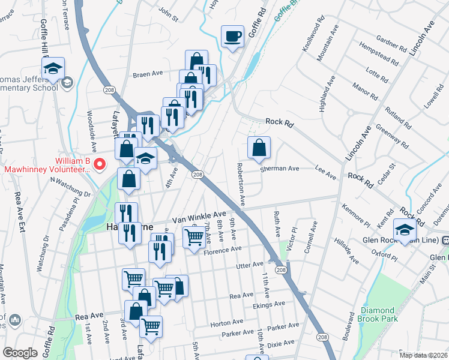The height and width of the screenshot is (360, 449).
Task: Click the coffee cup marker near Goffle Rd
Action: click(232, 37)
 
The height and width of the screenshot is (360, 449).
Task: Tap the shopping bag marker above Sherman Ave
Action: click(259, 148)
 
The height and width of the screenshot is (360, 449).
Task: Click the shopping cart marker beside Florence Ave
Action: click(193, 238)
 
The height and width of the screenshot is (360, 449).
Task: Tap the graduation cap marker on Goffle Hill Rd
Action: click(53, 68)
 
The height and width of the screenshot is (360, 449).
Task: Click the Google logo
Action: click(20, 353)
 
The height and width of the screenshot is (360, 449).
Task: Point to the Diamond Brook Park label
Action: click(379, 314)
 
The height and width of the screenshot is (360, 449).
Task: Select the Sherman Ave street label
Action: click(279, 169)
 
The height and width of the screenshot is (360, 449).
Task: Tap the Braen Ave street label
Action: click(148, 74)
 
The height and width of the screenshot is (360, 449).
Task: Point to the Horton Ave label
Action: click(226, 323)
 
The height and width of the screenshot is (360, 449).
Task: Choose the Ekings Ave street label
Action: click(269, 305)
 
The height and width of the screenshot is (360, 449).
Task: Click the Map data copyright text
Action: click(423, 355)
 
